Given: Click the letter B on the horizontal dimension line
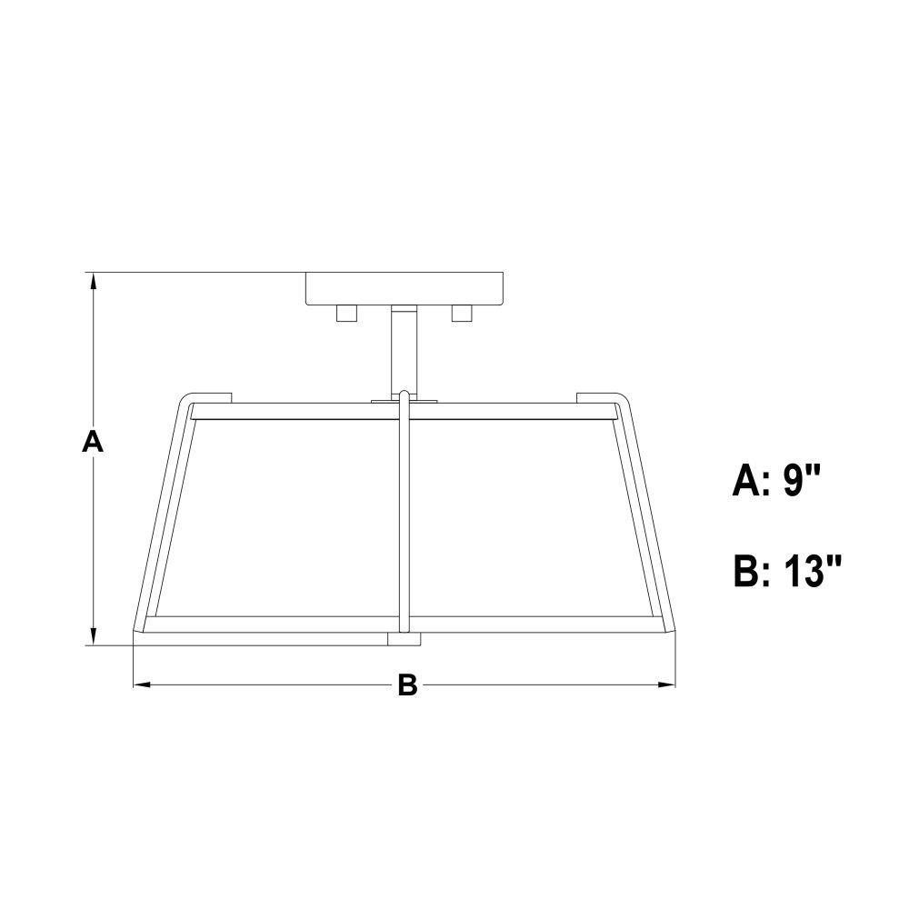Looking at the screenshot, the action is (407, 684).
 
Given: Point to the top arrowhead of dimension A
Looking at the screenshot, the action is (93, 280).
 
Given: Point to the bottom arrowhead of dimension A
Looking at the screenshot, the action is (93, 636).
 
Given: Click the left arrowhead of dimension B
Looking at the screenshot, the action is (142, 684).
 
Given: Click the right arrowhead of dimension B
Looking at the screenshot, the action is (666, 684).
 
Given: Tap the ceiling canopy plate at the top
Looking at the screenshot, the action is (405, 289).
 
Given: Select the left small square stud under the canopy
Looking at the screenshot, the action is (346, 313).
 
